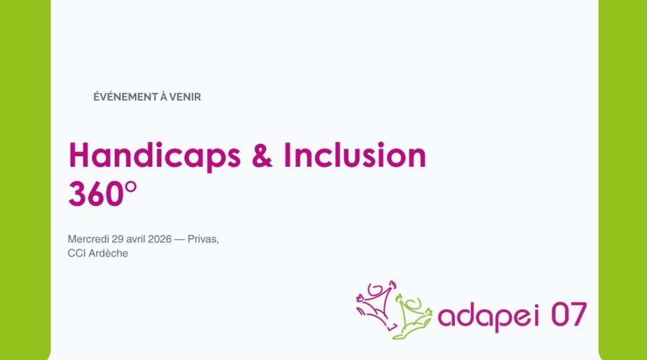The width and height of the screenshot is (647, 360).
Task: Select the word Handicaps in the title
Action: tap(155, 155)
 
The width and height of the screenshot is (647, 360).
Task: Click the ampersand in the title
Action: tap(262, 155)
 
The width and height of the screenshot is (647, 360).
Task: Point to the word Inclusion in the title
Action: tap(355, 155)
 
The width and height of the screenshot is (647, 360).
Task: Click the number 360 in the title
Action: tap(96, 194)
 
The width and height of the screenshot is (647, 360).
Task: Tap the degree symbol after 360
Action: tap(130, 187)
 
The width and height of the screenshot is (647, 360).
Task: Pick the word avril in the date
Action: tap(136, 239)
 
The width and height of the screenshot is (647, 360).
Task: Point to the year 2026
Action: tap(159, 239)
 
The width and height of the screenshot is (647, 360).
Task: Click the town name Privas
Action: tap(203, 239)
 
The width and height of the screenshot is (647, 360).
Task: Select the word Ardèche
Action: tap(108, 253)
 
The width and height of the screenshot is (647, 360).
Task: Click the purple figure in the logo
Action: tap(376, 304)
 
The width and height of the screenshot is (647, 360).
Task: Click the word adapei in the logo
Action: tap(488, 316)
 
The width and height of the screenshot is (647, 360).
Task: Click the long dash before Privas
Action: tap(179, 239)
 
